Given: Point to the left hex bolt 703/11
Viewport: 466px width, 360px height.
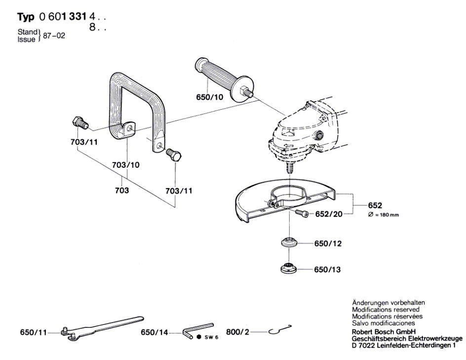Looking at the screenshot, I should tap(80, 122).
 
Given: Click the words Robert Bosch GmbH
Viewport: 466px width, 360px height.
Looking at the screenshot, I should tap(384, 331).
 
